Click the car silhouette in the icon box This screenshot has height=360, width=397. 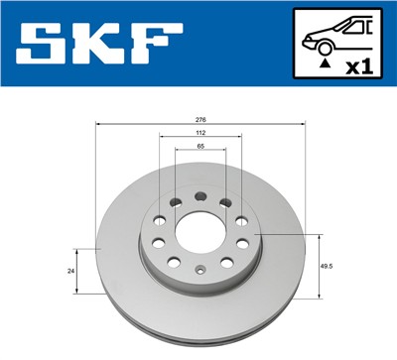click(337, 34)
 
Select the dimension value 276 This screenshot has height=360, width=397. click(201, 118)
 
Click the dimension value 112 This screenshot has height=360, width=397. click(200, 133)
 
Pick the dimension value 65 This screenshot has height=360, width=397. click(200, 147)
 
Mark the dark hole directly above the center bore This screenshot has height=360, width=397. click(200, 196)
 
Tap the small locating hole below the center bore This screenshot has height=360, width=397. click(200, 269)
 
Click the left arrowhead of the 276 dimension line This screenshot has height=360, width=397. click(97, 124)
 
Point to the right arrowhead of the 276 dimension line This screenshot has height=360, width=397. click(304, 124)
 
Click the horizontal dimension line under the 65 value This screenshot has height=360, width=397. click(200, 153)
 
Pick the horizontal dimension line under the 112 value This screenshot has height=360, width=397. click(200, 139)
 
